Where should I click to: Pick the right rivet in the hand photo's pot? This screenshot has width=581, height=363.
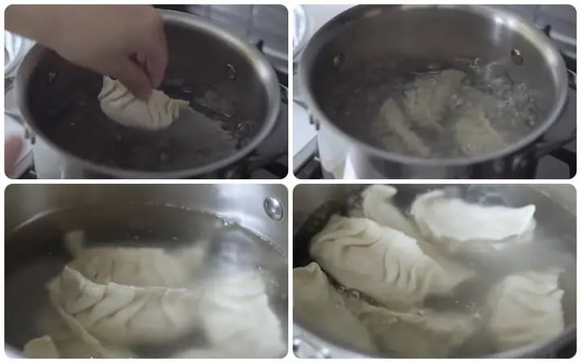[230, 71]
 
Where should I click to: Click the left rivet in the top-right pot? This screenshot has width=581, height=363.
[336, 60]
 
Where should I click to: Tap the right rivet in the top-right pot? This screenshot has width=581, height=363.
[516, 56]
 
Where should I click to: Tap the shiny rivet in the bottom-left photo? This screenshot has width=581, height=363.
[274, 208]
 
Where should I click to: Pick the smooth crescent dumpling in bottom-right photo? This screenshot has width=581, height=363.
[476, 218]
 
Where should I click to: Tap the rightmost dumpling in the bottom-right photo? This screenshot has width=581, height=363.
[529, 307]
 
